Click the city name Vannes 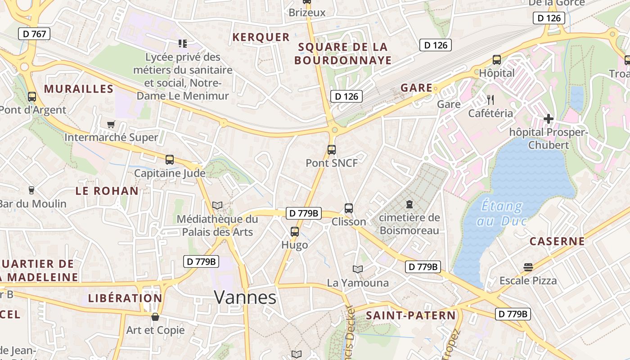[x=245, y=297]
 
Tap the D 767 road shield [x=34, y=34]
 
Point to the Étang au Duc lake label [x=502, y=213]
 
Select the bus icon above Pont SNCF [x=332, y=150]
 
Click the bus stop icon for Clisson [x=349, y=208]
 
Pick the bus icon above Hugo [x=295, y=232]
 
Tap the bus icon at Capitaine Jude [x=170, y=160]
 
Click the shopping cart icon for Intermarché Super [x=111, y=124]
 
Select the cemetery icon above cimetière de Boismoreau [x=409, y=204]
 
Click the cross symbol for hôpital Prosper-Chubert [x=548, y=119]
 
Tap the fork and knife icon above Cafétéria [x=490, y=99]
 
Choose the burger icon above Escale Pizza [x=528, y=267]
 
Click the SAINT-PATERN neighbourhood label [x=411, y=315]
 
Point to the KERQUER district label [x=261, y=37]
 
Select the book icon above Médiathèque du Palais [x=217, y=206]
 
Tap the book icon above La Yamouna [x=358, y=269]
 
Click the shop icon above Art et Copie [x=155, y=317]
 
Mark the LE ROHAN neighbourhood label [x=107, y=191]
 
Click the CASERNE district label [x=557, y=241]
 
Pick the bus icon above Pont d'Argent [x=32, y=96]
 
